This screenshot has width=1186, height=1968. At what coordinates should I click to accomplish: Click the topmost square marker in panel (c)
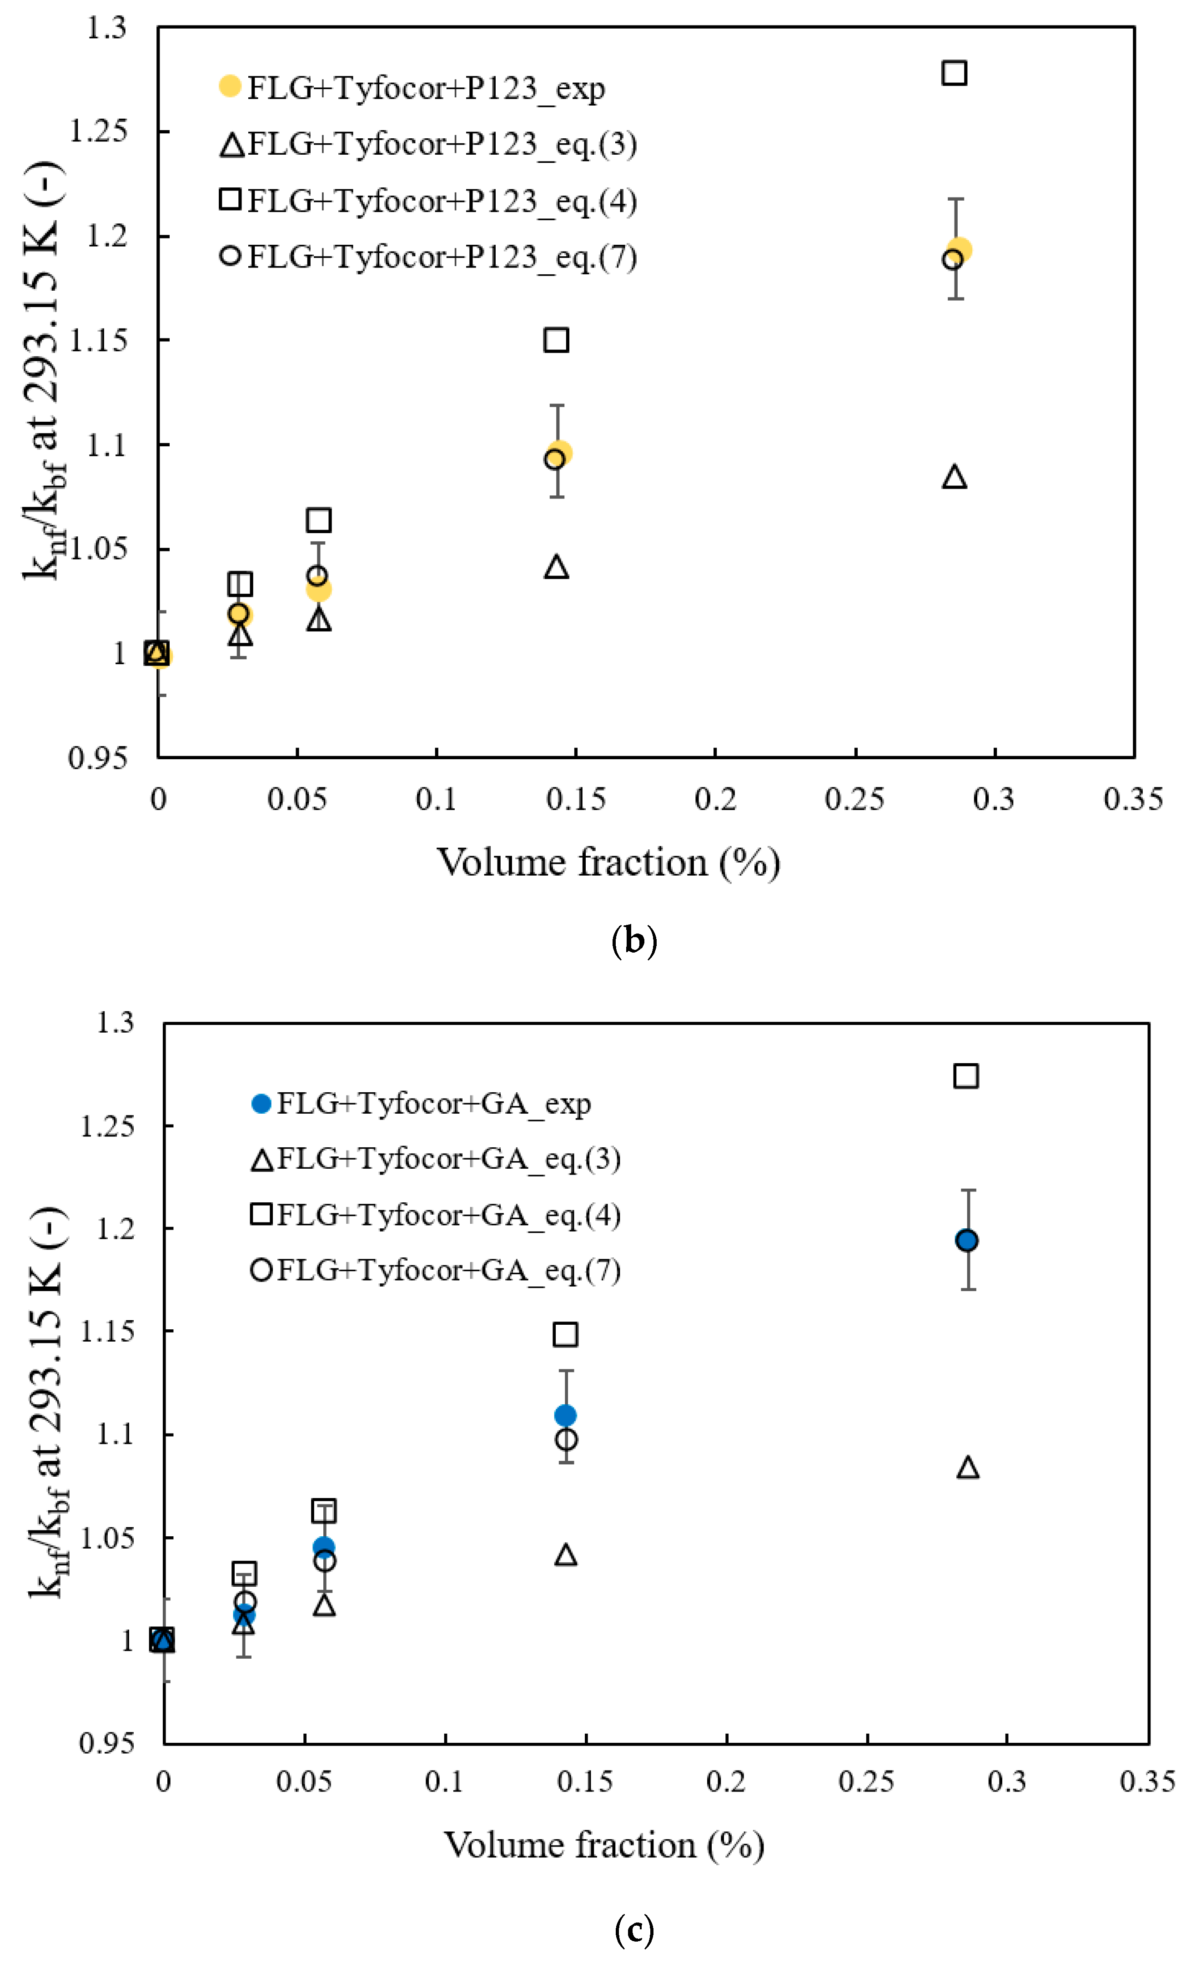coord(965,1076)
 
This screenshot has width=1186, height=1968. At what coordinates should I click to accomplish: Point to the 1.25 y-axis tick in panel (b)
coord(98,131)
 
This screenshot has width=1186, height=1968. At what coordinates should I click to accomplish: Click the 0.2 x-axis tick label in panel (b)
coord(715,799)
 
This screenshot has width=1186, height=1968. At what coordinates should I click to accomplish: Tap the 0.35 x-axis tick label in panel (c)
coord(1147,1781)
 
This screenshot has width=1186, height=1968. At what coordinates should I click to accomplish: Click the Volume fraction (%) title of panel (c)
coord(604,1846)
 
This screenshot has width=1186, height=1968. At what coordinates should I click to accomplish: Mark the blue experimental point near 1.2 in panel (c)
coord(966,1241)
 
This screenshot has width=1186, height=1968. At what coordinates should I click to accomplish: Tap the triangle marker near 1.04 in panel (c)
coord(565,1555)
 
